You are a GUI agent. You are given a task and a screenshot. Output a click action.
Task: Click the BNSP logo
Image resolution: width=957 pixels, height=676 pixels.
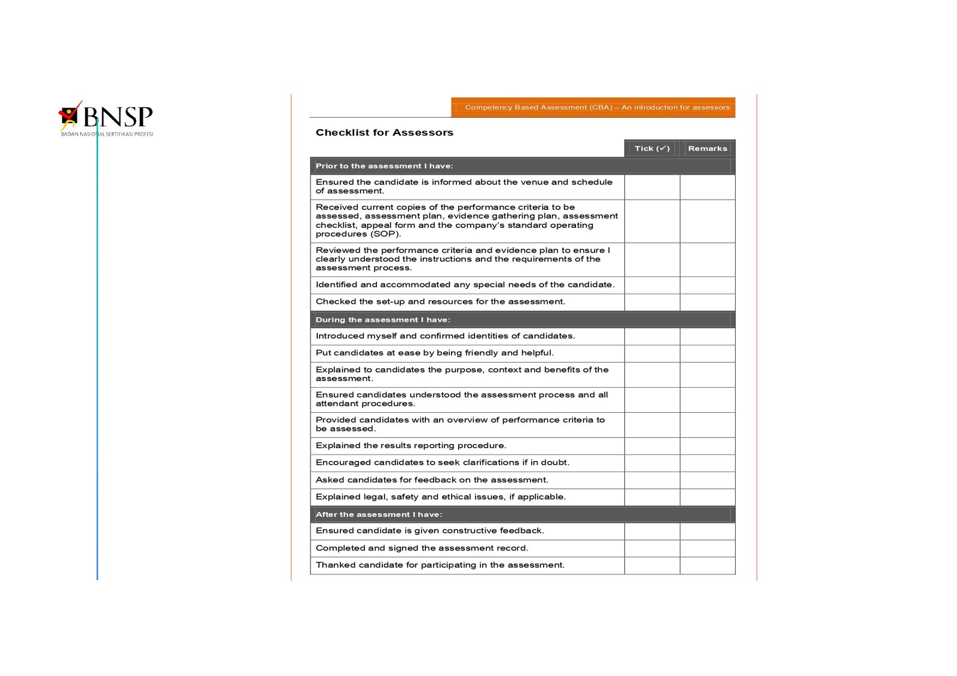(106, 118)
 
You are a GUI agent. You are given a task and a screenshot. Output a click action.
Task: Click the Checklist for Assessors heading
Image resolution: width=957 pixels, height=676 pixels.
(384, 133)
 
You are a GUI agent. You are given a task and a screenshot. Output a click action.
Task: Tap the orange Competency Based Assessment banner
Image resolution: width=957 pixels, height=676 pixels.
(593, 108)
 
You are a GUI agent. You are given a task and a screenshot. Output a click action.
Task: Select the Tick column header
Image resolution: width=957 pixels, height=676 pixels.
(651, 148)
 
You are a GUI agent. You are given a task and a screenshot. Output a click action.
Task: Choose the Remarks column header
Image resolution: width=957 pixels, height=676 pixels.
(707, 148)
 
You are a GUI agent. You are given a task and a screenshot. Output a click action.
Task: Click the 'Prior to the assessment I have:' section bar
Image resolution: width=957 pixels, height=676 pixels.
(522, 166)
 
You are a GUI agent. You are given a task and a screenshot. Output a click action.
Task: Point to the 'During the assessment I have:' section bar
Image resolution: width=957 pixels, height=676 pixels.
(522, 319)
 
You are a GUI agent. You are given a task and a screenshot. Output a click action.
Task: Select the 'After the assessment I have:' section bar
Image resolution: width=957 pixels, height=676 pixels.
(522, 514)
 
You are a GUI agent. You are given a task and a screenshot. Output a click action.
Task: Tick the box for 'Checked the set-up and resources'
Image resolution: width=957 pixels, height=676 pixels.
(652, 302)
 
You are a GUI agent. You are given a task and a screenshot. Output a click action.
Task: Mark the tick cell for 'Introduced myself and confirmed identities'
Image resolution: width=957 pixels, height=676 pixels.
(652, 336)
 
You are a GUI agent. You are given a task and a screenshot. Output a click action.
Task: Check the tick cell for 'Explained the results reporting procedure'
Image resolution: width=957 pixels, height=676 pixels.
(652, 446)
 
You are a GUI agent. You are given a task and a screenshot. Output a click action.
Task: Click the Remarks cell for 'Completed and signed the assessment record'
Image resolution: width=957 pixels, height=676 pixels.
(707, 548)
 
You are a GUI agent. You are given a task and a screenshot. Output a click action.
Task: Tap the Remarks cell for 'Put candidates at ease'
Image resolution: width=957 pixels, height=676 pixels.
(707, 353)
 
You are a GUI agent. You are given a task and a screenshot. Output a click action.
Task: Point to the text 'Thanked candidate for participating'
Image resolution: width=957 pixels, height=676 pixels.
(440, 565)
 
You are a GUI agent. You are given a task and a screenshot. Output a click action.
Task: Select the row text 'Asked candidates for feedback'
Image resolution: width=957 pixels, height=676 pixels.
(431, 480)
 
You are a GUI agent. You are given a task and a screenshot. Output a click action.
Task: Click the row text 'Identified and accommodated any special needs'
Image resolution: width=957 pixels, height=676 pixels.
(465, 285)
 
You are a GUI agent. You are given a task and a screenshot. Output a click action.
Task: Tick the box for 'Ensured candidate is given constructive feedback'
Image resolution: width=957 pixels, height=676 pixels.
(652, 531)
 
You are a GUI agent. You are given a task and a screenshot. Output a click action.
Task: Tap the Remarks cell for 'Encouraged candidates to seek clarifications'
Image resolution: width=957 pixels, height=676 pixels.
(707, 462)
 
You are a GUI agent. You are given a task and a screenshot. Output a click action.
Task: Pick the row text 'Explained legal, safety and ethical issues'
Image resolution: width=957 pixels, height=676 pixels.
(440, 497)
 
